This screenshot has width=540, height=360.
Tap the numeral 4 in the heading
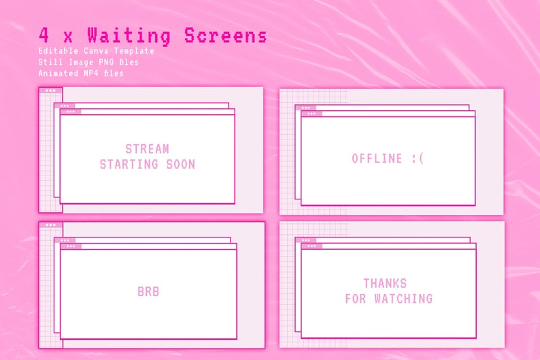point(44,35)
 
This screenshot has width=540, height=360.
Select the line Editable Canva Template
point(96,51)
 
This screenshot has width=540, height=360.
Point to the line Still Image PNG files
point(88,62)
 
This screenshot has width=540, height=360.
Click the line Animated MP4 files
point(81,73)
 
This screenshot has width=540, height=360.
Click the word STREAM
point(147,149)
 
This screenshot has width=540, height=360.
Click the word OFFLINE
point(377,159)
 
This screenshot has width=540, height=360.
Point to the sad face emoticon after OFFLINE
point(417,159)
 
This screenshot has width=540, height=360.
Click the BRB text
point(148,292)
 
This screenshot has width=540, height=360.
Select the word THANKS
point(385,283)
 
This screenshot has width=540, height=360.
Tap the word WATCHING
point(402,298)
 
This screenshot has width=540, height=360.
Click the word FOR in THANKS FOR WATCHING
point(355,298)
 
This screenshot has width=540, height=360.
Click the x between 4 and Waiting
point(67,37)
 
